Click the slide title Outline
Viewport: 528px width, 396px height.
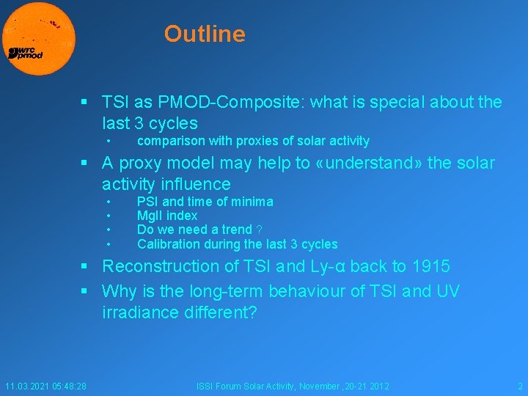(x=205, y=34)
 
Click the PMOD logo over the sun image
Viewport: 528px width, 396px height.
(x=26, y=53)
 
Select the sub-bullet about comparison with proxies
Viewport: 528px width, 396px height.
(x=253, y=141)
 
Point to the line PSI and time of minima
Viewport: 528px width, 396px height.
(x=205, y=202)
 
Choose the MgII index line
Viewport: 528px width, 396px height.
(x=167, y=216)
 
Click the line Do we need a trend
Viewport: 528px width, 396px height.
(x=194, y=230)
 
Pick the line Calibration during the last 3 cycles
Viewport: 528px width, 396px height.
(x=237, y=244)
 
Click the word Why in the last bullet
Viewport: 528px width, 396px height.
(x=119, y=291)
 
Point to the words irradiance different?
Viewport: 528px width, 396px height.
(x=180, y=312)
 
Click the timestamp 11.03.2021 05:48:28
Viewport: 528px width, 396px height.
(x=45, y=386)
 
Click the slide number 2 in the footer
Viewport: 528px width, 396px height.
(x=519, y=386)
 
